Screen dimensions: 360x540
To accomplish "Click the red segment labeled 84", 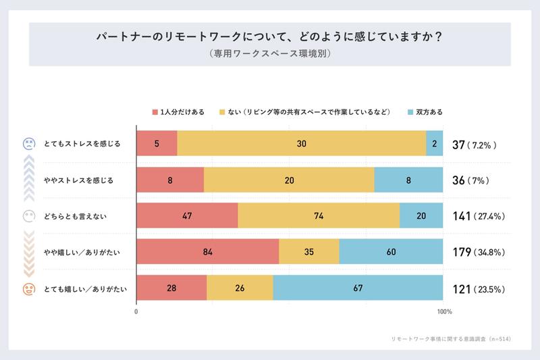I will (208, 252).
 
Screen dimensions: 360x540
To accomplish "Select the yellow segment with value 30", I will (302, 143).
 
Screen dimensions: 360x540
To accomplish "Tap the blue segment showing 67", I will (358, 288).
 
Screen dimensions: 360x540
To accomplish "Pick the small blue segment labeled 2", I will (435, 143).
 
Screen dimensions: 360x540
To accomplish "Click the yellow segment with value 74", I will (319, 216).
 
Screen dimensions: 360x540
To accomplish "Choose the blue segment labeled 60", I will (391, 252).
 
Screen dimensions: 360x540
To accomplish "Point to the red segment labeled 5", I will (157, 143).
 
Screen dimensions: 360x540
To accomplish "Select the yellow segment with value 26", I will (240, 288).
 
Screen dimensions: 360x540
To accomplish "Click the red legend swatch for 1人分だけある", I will (155, 111).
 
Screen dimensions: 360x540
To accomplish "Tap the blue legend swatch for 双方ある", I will (410, 111).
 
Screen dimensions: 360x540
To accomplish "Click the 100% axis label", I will (444, 312).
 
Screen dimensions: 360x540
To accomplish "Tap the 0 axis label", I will (137, 312).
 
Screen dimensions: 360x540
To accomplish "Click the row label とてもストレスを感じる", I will (82, 144).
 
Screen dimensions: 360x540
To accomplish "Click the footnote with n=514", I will (450, 338).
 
